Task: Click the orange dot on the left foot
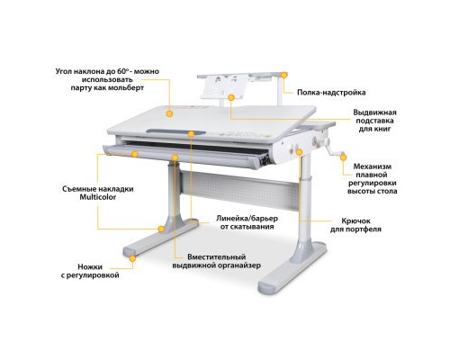click(133, 257)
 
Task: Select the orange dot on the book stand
click(232, 96)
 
